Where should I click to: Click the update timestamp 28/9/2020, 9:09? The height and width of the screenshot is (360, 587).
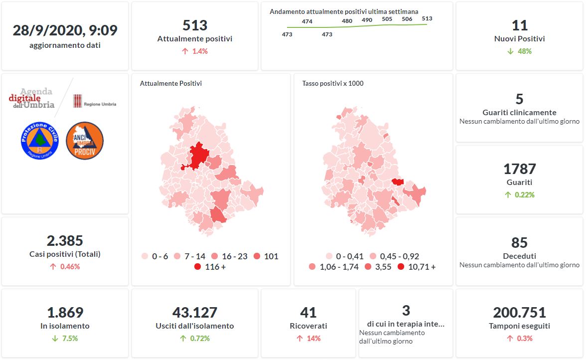[65, 30]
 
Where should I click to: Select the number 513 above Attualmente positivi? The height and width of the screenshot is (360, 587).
[194, 25]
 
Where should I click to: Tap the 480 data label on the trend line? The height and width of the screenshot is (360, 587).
[347, 21]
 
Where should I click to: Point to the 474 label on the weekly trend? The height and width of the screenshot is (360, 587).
[307, 21]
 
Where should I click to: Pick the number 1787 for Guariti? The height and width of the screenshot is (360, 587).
[519, 169]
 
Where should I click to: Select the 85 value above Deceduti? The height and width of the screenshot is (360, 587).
[519, 242]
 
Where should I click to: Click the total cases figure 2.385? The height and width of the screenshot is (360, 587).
[65, 241]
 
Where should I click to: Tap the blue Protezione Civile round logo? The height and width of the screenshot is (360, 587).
[40, 141]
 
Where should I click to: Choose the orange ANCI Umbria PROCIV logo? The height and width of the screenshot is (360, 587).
[85, 141]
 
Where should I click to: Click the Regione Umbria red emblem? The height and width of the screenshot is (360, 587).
[77, 101]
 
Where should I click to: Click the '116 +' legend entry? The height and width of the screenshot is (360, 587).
[209, 267]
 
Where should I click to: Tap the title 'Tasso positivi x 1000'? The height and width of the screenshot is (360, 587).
[332, 83]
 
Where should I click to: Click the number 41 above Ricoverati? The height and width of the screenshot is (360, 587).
[308, 313]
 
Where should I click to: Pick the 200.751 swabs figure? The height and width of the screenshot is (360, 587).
[519, 313]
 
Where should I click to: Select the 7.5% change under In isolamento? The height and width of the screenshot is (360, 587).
[65, 339]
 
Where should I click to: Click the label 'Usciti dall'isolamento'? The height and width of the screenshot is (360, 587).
[194, 326]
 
